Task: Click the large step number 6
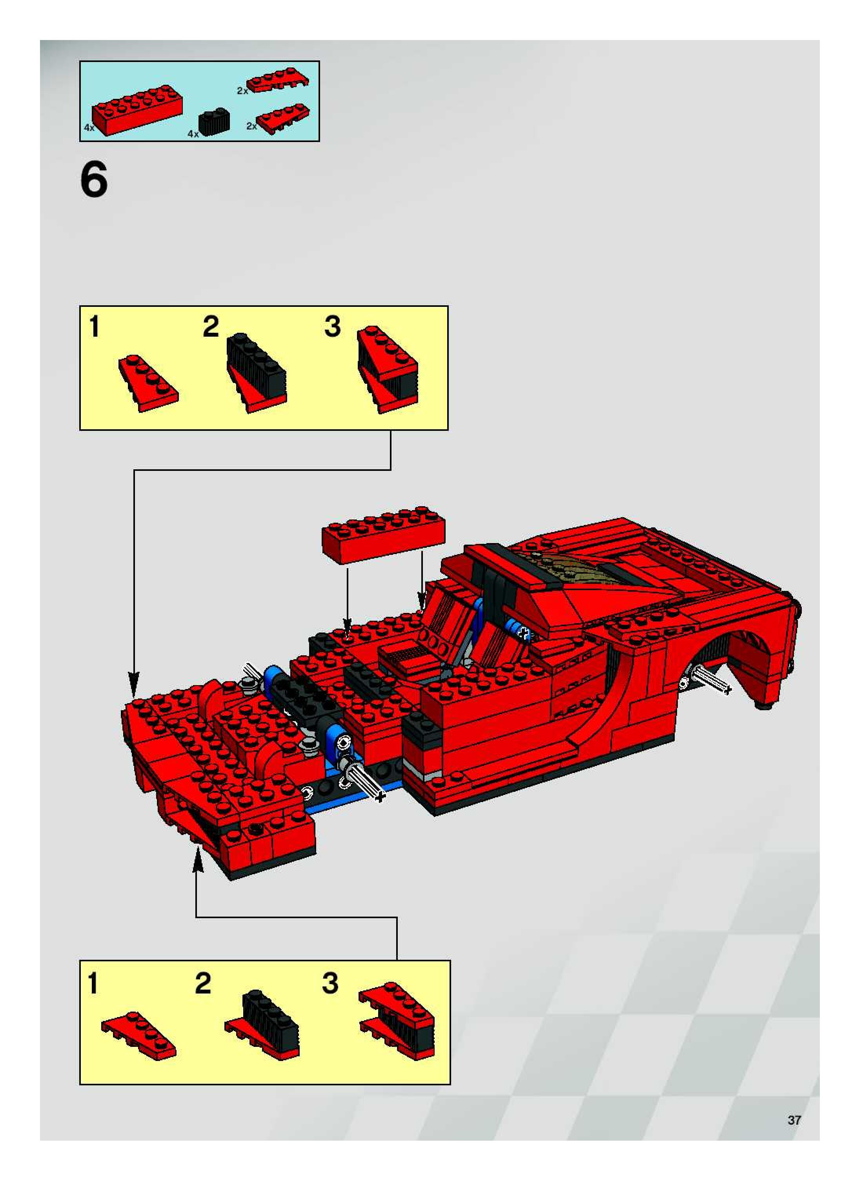(94, 180)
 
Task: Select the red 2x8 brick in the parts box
(137, 111)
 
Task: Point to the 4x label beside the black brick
(193, 134)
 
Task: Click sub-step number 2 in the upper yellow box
(211, 328)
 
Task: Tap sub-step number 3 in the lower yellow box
(330, 983)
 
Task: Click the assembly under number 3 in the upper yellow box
(387, 369)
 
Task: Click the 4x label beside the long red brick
(89, 128)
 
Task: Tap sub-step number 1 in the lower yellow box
(93, 983)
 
